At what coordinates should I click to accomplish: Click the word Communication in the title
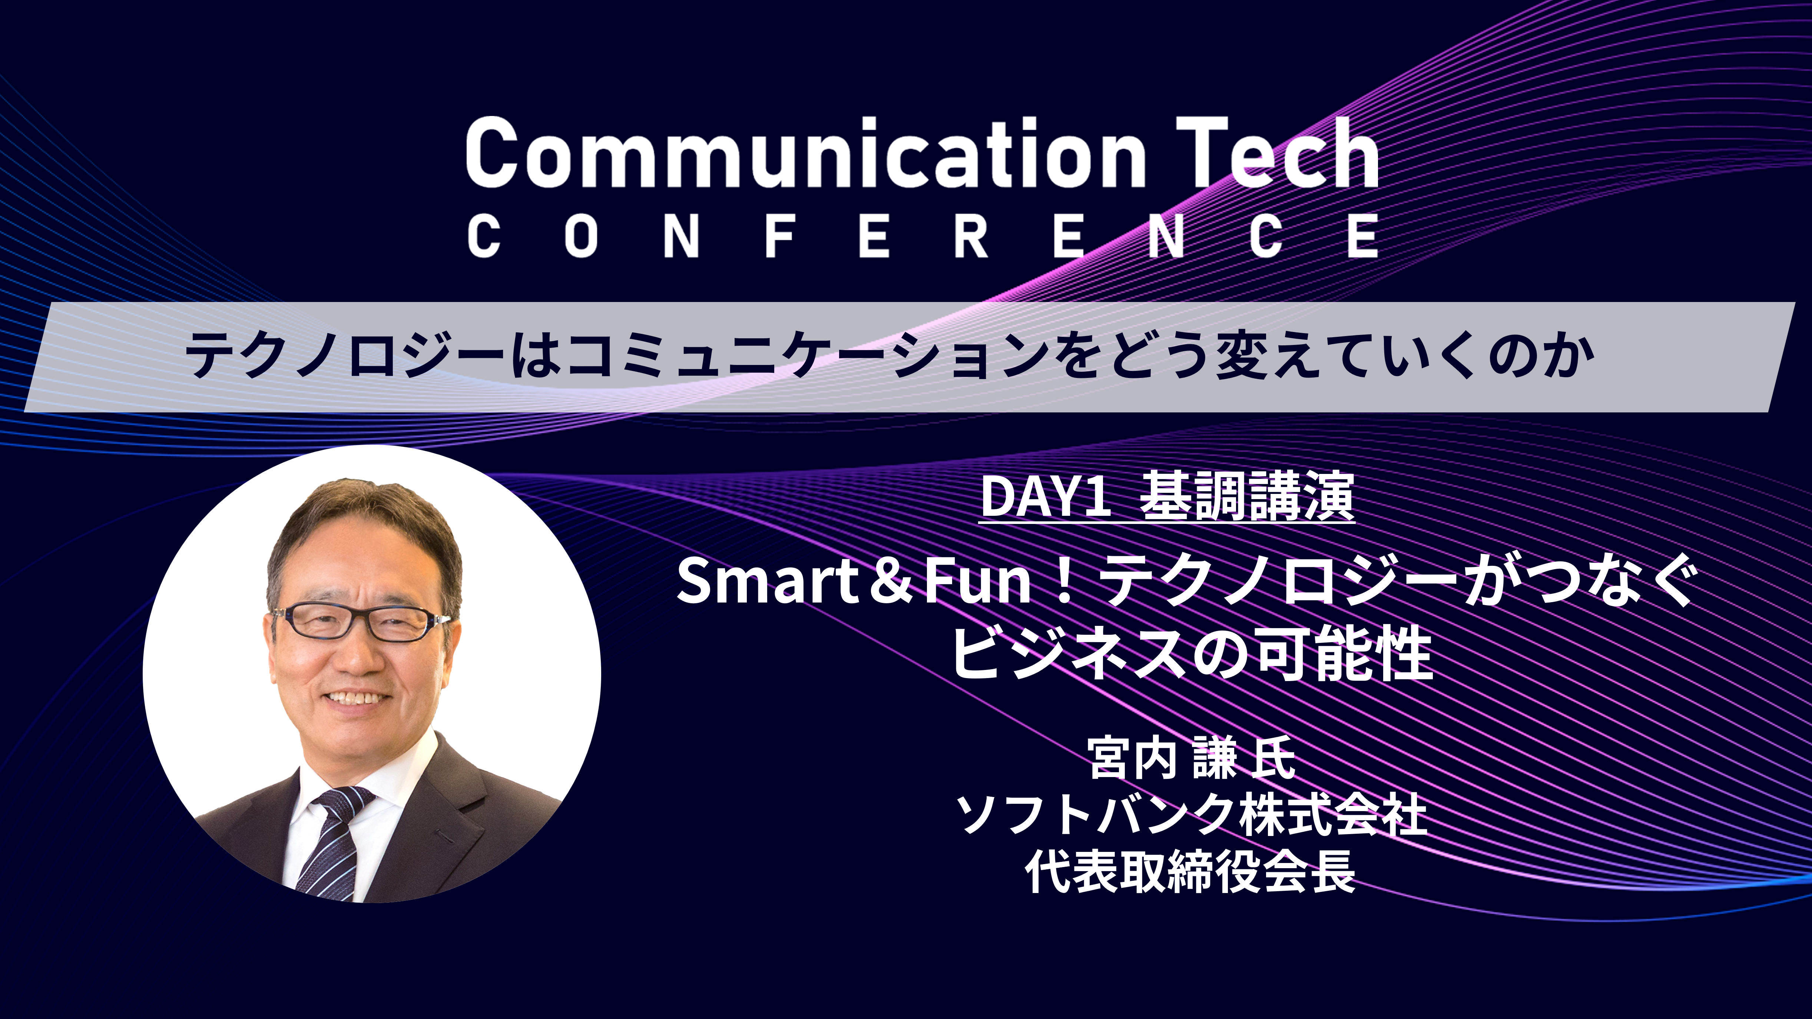coord(805,153)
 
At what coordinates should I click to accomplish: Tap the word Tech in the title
coord(1277,153)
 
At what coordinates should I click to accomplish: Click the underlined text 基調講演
coord(1246,497)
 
